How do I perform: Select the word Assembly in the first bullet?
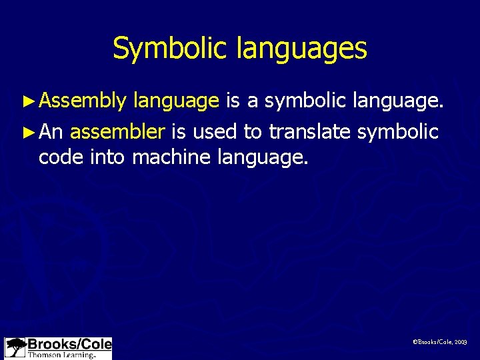pos(82,101)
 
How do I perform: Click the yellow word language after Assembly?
pos(176,102)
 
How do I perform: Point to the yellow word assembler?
pos(117,132)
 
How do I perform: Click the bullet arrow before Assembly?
pos(29,101)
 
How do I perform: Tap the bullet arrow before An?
pos(29,133)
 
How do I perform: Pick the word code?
pos(60,158)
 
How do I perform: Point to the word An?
pos(51,132)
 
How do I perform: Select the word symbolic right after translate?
pos(397,133)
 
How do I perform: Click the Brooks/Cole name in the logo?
pos(69,345)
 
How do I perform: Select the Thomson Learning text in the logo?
pos(61,355)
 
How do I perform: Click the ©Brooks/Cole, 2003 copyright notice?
pos(440,342)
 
